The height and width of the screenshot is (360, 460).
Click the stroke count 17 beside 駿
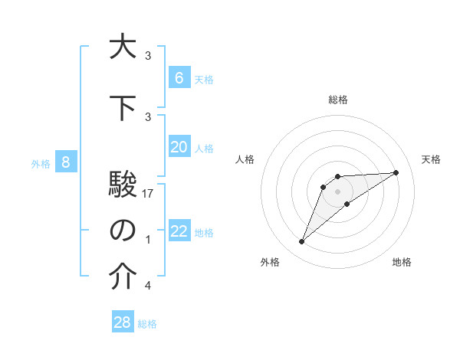tap(149, 194)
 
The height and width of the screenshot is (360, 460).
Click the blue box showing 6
tap(179, 77)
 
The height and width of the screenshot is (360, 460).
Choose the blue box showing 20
tap(179, 147)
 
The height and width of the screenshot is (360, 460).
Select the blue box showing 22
tap(179, 231)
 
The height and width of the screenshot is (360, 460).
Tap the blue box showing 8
tap(66, 162)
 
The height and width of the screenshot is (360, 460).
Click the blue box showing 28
tap(123, 322)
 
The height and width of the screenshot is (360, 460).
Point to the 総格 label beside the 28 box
tap(147, 324)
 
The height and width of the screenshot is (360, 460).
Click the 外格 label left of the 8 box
tap(40, 163)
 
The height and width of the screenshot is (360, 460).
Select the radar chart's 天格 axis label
tap(431, 159)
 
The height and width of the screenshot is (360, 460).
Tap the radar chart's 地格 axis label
tap(402, 262)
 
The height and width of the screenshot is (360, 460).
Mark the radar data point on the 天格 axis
tap(396, 172)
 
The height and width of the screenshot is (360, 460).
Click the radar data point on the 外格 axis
tap(301, 242)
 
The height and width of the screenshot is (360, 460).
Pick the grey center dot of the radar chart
tap(337, 191)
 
